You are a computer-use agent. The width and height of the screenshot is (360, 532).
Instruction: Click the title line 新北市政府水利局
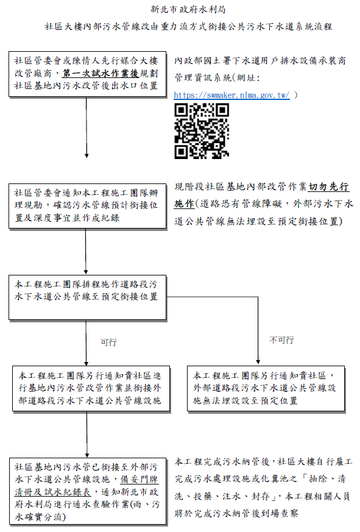click(188, 10)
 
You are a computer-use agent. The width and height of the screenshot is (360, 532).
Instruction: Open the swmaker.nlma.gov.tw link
click(231, 95)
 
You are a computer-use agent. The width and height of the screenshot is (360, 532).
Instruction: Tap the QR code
click(202, 131)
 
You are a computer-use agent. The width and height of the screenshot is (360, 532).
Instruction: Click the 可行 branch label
click(108, 342)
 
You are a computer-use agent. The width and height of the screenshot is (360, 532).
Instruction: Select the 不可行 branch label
click(281, 340)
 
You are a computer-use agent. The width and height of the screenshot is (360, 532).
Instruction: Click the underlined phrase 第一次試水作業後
click(101, 73)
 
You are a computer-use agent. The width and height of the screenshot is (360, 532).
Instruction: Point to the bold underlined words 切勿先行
click(328, 186)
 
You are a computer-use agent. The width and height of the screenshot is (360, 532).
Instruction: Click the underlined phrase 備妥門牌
click(139, 479)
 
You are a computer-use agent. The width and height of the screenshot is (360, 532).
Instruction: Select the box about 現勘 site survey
click(88, 206)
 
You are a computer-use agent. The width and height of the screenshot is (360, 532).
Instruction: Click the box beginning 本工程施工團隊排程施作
click(88, 297)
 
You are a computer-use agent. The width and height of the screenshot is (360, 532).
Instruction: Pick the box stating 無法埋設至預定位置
click(266, 388)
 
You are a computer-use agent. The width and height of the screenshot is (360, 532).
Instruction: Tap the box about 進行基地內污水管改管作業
click(91, 389)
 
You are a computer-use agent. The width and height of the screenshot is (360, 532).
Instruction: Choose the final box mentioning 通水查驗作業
click(88, 491)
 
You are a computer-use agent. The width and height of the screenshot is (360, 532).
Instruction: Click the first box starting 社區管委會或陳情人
click(88, 74)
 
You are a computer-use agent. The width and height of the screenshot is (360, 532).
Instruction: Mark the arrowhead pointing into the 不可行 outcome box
click(258, 362)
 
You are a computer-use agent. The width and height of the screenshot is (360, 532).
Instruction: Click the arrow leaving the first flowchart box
click(86, 127)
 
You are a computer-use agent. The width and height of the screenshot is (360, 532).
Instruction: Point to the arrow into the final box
click(87, 434)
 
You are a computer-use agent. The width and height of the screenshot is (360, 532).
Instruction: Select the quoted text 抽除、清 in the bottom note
click(326, 479)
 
